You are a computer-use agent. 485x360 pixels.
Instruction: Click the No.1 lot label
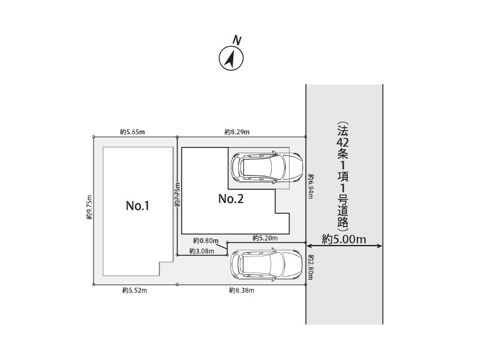pos(138,205)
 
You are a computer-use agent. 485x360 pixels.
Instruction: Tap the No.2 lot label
pos(231,198)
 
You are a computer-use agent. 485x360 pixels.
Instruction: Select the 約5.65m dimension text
pos(132,132)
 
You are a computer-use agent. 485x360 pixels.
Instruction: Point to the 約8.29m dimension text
pos(237,132)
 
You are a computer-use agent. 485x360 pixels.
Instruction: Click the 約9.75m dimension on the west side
pos(89,207)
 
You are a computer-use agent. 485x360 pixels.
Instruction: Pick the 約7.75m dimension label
pos(177,194)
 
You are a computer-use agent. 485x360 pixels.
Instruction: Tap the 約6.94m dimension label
pos(311,186)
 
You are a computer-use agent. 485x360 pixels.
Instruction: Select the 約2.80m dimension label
pos(311,267)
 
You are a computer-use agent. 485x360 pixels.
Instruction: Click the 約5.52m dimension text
pos(134,291)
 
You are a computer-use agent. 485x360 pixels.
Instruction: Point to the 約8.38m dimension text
pos(242,291)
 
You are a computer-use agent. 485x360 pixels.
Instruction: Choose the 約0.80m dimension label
pos(206,240)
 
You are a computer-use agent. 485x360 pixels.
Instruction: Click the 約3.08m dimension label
pos(201,251)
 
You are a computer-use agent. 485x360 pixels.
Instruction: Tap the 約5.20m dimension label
pos(265,238)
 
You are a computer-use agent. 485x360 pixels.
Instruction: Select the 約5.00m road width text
pos(344,239)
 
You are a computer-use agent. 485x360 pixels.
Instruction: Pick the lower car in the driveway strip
pos(266,264)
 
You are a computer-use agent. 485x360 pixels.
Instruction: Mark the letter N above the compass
pos(237,40)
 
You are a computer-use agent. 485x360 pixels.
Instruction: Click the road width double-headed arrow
pos(345,246)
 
